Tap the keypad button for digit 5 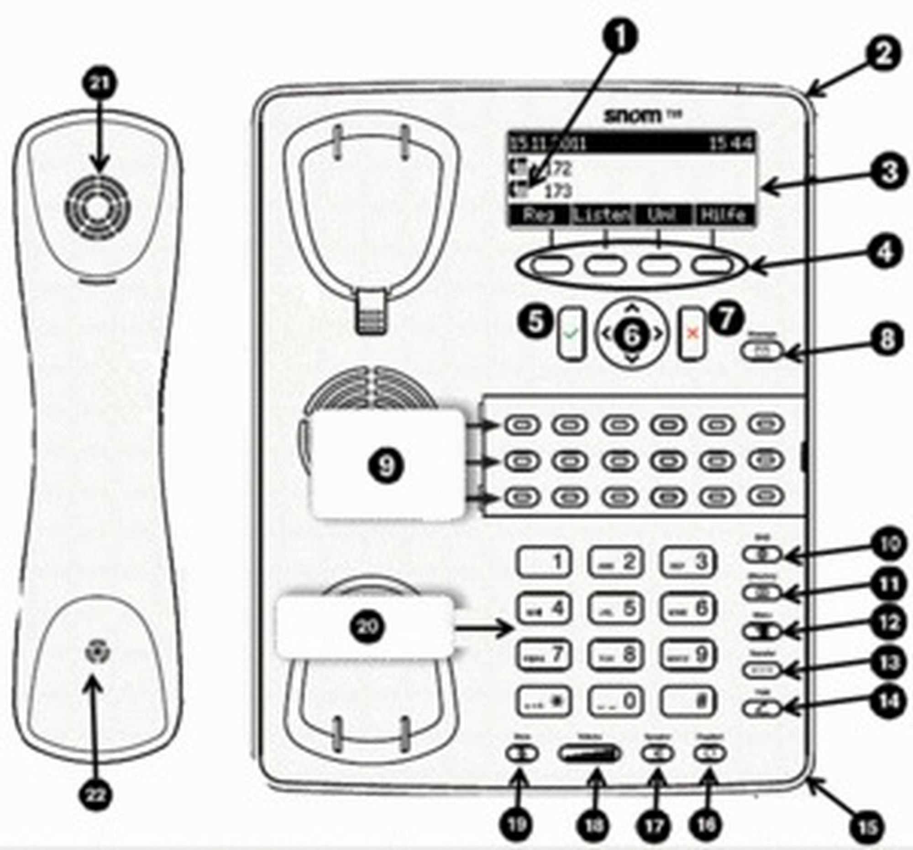click(616, 609)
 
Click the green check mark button click(572, 334)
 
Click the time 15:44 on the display click(731, 144)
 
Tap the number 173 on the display click(557, 191)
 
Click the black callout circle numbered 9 click(385, 466)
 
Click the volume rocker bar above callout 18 click(590, 754)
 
